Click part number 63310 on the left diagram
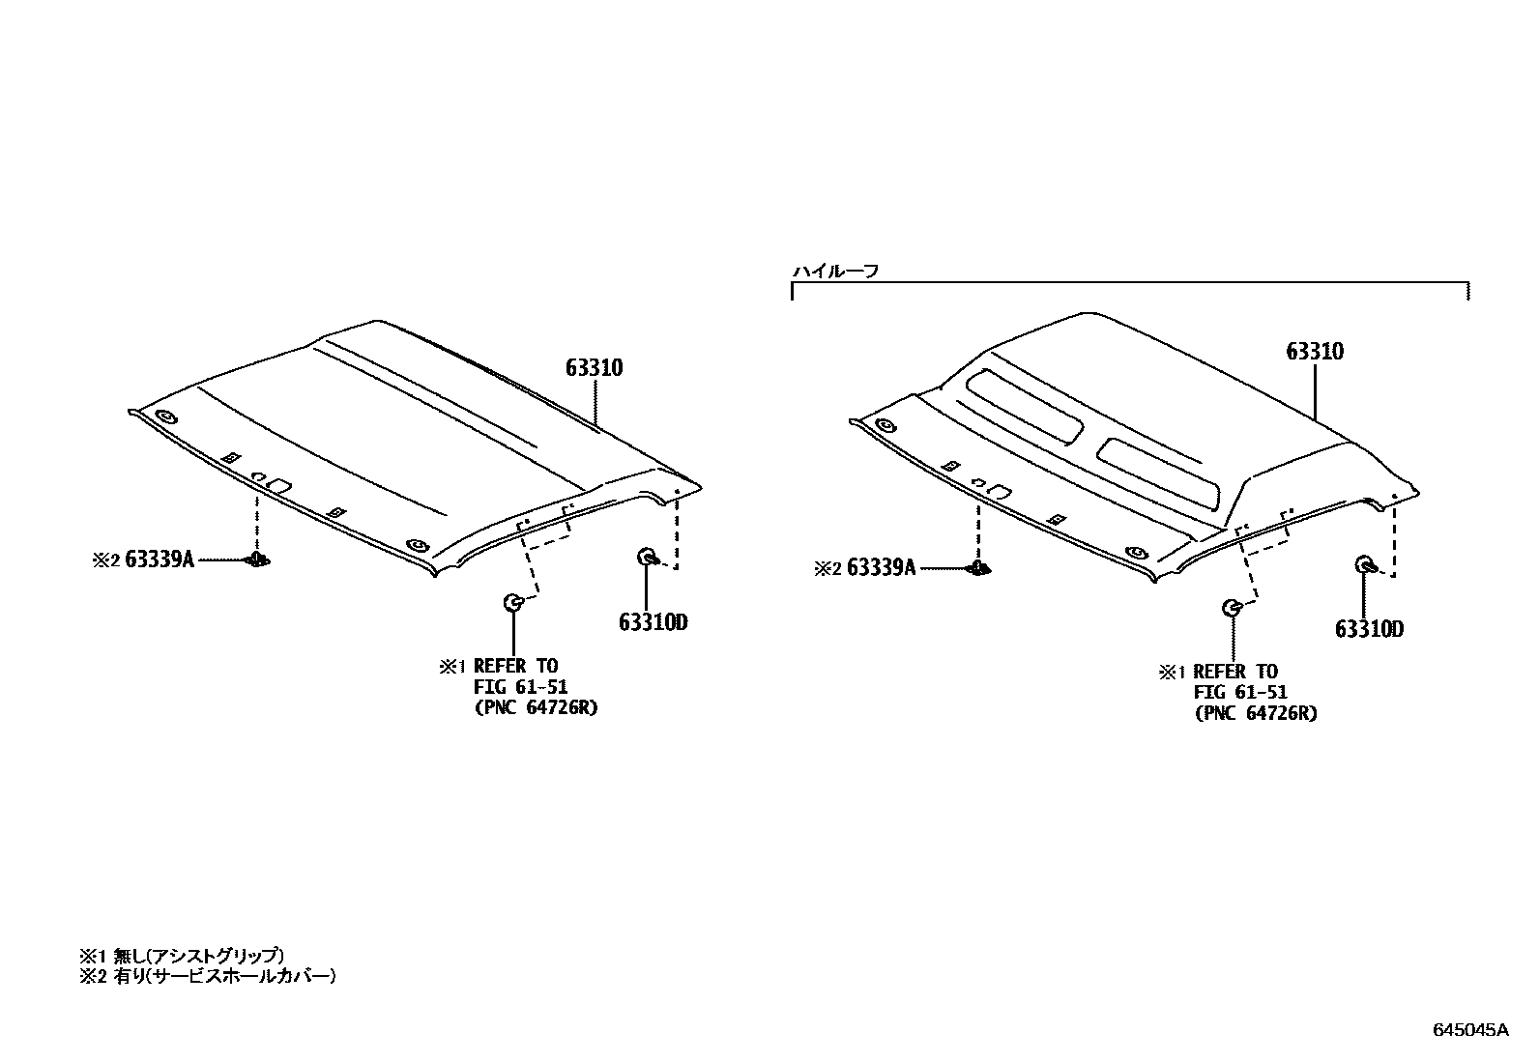tap(595, 368)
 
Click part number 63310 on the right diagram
tap(1315, 352)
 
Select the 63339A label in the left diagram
tap(159, 560)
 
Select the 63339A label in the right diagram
tap(880, 568)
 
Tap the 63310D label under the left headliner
tap(653, 621)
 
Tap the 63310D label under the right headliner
tap(1369, 629)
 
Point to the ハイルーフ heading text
tap(835, 272)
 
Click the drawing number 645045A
tap(1469, 1030)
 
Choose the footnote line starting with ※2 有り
tap(207, 976)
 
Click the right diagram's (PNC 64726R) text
tap(1256, 713)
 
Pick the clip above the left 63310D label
tap(647, 557)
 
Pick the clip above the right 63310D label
tap(1365, 565)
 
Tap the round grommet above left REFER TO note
tap(512, 604)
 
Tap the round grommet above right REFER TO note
tap(1233, 608)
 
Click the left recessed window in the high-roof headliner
tap(1026, 404)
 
